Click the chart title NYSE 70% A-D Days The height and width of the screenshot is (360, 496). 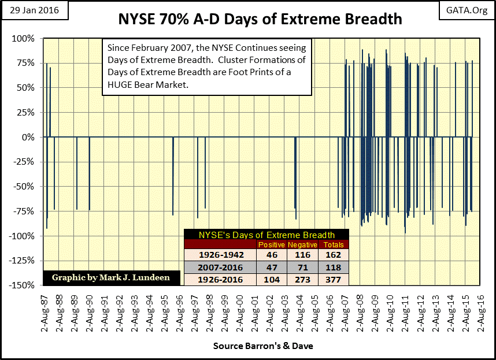pos(260,19)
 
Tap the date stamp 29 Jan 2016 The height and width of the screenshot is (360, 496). pos(35,10)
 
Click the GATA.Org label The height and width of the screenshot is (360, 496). pos(468,10)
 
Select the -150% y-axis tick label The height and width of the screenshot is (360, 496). pos(22,285)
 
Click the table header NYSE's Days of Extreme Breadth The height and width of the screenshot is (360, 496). pos(266,235)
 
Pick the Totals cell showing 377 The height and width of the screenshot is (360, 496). pos(334,280)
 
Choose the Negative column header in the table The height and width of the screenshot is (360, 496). pos(303,244)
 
